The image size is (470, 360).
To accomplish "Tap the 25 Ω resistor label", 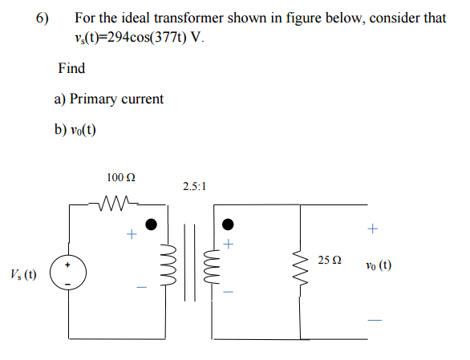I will coord(330,261).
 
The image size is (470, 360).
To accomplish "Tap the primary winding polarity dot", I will coord(151,224).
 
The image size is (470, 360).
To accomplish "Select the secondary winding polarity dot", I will coord(228,224).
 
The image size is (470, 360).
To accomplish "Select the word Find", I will coord(71,68).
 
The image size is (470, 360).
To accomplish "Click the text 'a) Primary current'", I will coord(108,99).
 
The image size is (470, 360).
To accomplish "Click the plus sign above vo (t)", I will coord(371,229).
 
